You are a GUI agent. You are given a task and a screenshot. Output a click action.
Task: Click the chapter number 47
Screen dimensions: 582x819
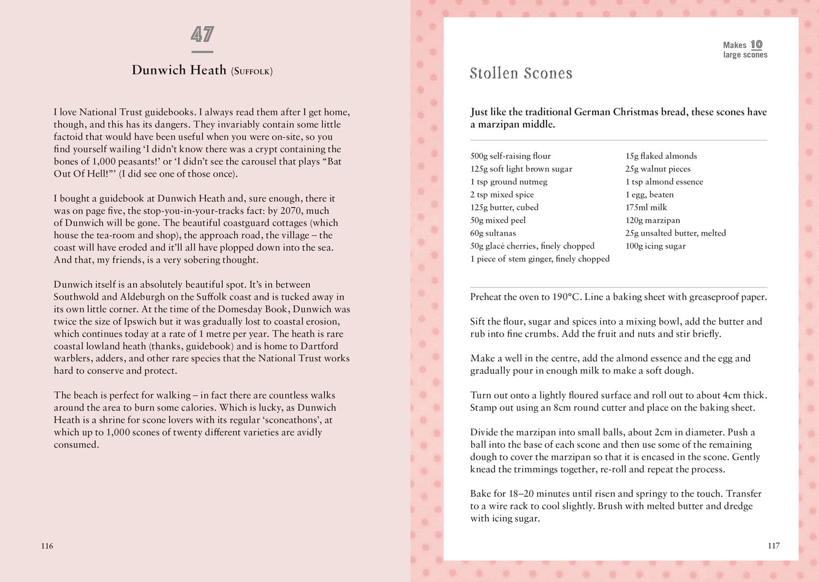click(x=202, y=34)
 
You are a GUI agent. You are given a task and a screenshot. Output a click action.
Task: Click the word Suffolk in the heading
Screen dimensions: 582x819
click(x=252, y=71)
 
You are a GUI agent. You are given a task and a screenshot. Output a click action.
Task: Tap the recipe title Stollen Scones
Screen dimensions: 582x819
click(x=521, y=73)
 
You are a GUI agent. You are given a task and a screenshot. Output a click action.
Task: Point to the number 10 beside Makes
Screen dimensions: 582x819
click(x=756, y=45)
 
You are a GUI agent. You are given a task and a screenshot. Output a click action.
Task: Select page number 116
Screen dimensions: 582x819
click(x=47, y=545)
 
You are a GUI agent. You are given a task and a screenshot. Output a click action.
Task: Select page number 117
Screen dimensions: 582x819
click(x=773, y=545)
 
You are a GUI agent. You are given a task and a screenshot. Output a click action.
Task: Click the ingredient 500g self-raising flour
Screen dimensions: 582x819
click(x=510, y=156)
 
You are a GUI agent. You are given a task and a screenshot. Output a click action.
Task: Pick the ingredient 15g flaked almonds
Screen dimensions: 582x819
click(x=661, y=156)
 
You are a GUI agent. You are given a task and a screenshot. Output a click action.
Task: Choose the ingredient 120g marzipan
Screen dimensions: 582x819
click(x=652, y=220)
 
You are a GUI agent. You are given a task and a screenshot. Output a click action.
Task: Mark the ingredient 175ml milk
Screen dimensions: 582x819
click(x=646, y=207)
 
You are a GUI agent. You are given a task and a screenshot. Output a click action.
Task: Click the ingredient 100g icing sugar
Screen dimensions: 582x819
click(x=655, y=246)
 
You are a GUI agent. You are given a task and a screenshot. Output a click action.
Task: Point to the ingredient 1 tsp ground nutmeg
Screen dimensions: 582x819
click(x=508, y=181)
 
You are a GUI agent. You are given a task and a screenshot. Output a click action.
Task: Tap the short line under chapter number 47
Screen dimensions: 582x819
click(x=202, y=52)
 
